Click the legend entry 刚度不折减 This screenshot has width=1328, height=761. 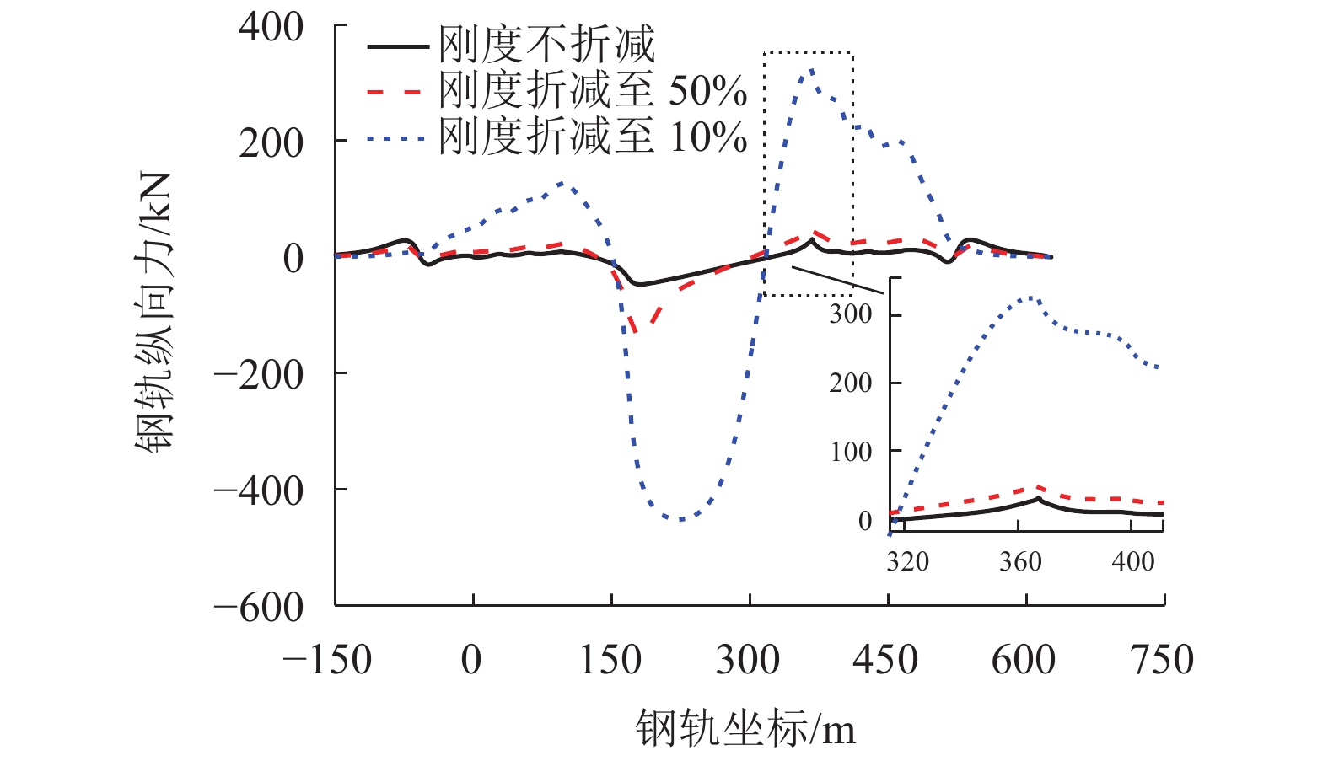pos(546,44)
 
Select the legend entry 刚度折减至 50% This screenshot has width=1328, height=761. pos(592,90)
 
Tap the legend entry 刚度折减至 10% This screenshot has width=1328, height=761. pos(592,137)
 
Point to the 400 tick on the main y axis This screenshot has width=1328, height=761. pos(271,27)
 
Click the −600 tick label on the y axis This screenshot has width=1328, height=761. pos(259,607)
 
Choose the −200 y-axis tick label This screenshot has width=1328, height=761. pos(259,374)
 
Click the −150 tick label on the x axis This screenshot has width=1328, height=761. pos(327,660)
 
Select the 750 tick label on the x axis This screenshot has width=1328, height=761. pos(1163,660)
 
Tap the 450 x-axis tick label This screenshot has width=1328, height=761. pos(886,660)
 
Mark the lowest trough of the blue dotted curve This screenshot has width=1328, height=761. pos(680,519)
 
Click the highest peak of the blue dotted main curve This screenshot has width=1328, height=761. pos(811,70)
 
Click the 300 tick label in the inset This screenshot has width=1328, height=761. pos(851,314)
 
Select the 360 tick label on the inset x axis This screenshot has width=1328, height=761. pos(1020,561)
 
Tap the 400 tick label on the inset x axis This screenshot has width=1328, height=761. pos(1132,561)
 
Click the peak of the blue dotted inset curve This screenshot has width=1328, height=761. pos(1030,297)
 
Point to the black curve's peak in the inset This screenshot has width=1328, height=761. pos(1038,499)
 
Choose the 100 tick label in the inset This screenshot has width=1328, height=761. pos(851,453)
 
